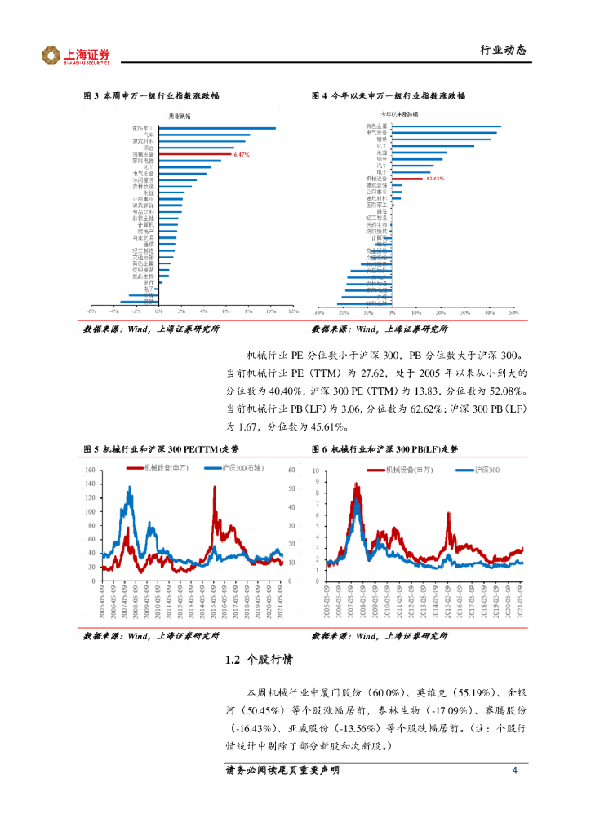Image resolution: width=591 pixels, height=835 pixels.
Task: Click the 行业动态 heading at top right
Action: [502, 50]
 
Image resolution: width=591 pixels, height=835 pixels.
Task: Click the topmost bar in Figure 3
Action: [216, 128]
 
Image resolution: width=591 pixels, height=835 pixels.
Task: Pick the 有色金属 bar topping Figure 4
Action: [446, 127]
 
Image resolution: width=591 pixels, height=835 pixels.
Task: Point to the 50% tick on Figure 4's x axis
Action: [514, 311]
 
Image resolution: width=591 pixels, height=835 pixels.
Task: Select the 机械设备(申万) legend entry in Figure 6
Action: [405, 470]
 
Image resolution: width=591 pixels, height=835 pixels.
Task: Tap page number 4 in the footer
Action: [514, 771]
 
